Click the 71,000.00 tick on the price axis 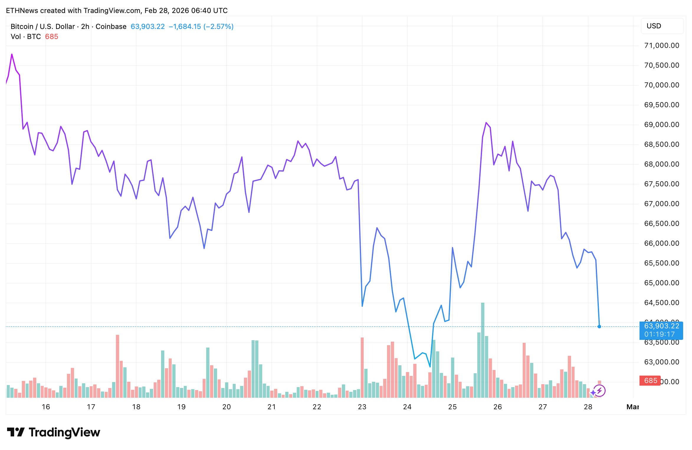(662, 45)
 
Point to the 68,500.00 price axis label (662, 144)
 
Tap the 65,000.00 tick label (662, 283)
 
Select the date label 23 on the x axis (362, 407)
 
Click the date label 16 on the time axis (46, 407)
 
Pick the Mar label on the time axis (632, 407)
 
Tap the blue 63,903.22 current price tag (661, 326)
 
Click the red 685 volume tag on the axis (650, 381)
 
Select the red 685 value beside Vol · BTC (52, 37)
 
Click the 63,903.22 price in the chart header (147, 27)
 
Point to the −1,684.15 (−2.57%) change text (201, 27)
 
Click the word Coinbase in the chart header (111, 27)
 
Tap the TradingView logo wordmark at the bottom (64, 432)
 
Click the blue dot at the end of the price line (599, 327)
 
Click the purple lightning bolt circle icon (599, 391)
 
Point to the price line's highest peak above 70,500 (12, 54)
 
